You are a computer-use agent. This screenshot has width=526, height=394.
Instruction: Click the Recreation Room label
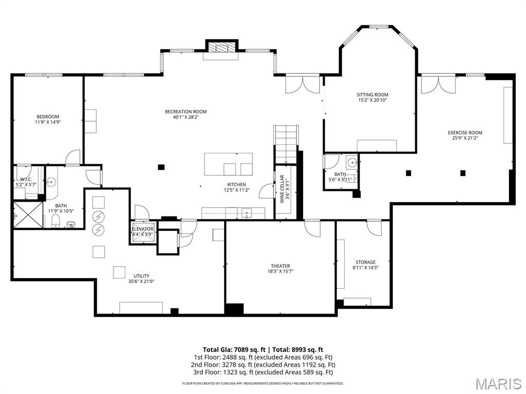point(185,111)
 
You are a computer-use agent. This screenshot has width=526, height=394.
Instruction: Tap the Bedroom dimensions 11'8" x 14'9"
point(47,122)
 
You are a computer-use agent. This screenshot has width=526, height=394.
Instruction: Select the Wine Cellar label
point(281,189)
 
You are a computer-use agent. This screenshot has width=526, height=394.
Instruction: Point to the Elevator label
point(142,229)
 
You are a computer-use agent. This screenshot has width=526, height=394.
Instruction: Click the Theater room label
point(280,266)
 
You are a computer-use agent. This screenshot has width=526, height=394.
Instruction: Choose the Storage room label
point(365,262)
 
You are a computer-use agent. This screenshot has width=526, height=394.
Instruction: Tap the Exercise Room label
point(465,133)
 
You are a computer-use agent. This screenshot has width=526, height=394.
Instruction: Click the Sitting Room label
point(372,94)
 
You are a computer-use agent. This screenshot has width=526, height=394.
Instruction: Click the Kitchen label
point(237,184)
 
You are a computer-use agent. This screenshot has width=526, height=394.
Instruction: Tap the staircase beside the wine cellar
point(286,144)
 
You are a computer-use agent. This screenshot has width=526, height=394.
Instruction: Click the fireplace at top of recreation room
point(222,47)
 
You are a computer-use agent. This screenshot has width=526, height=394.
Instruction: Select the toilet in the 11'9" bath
point(55,221)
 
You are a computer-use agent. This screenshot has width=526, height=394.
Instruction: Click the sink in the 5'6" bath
point(352,163)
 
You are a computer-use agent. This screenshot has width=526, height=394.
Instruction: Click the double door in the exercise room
point(438,85)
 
